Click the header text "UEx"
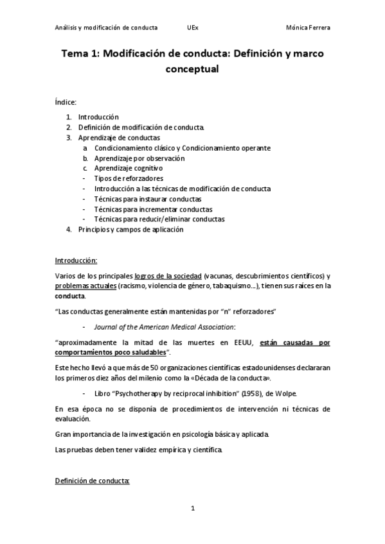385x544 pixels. pyautogui.click(x=192, y=28)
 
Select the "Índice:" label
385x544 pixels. pyautogui.click(x=66, y=101)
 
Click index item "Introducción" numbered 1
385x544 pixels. pyautogui.click(x=98, y=117)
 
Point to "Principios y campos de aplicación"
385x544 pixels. pyautogui.click(x=130, y=230)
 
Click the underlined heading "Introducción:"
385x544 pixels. pyautogui.click(x=76, y=260)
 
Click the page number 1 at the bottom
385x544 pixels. pyautogui.click(x=192, y=509)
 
